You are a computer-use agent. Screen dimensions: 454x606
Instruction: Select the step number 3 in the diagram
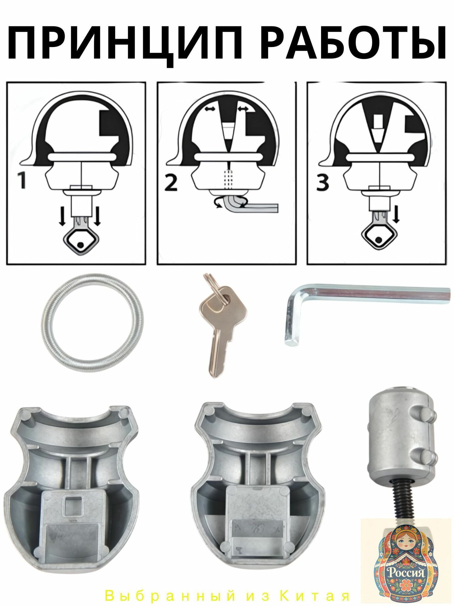[x=322, y=182]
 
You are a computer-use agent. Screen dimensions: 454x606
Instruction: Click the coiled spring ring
[x=92, y=317]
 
